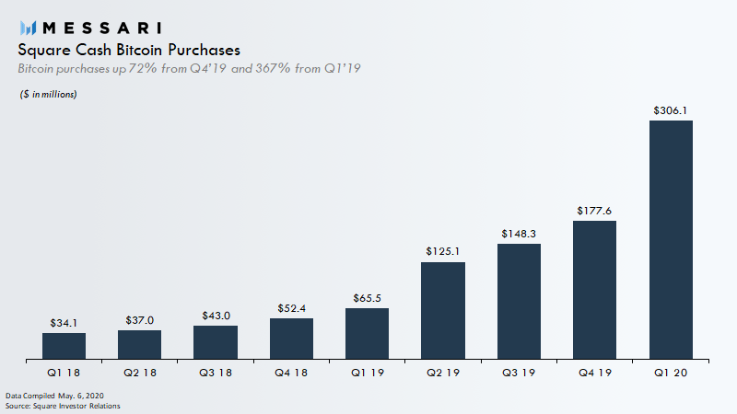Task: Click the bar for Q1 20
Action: [671, 239]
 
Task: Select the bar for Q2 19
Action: [443, 310]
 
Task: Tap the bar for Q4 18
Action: [291, 338]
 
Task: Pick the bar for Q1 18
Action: [64, 345]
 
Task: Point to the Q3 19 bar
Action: [519, 301]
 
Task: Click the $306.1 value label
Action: [671, 110]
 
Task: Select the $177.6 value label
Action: [594, 211]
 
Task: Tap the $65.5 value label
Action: [367, 298]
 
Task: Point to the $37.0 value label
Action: [139, 320]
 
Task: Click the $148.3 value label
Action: [519, 234]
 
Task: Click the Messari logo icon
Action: [28, 28]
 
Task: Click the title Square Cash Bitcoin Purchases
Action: [129, 50]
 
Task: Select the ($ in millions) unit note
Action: [48, 95]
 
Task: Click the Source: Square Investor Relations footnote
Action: [63, 406]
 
